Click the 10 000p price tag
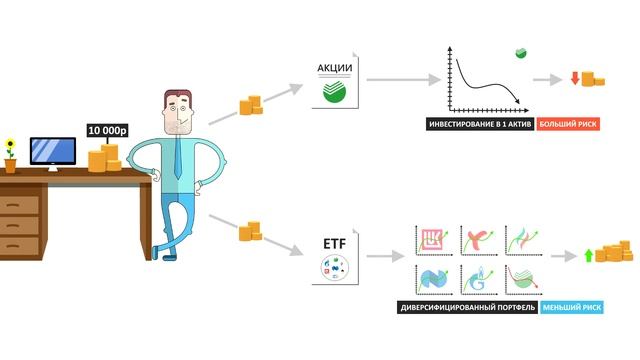click(x=106, y=130)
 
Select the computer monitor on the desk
click(x=52, y=151)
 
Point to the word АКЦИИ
click(x=333, y=68)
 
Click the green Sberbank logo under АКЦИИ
click(x=333, y=93)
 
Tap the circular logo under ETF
click(x=333, y=268)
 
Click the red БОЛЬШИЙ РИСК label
click(x=568, y=125)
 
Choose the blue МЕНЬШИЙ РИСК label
click(x=571, y=309)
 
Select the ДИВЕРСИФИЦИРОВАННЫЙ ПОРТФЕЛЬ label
click(x=466, y=309)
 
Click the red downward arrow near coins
click(x=575, y=78)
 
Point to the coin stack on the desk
click(x=103, y=158)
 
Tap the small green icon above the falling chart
click(x=520, y=51)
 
